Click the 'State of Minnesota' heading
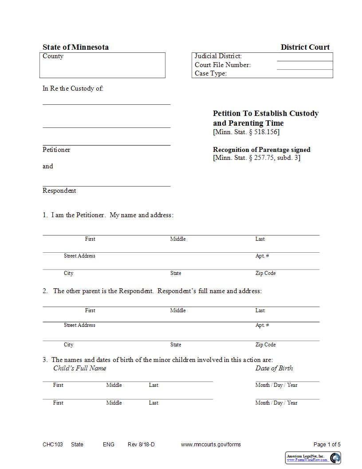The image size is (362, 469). [x=75, y=47]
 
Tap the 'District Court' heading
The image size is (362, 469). [x=305, y=47]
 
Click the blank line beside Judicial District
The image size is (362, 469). [x=304, y=57]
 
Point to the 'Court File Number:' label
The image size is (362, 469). [x=223, y=65]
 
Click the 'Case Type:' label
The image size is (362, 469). [x=211, y=73]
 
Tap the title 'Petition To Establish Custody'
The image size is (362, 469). [x=265, y=113]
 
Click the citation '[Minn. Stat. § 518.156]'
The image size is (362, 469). [x=246, y=132]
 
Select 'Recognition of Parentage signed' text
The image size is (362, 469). [x=261, y=150]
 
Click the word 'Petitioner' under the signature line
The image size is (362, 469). [x=56, y=150]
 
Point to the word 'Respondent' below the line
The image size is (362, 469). [x=59, y=191]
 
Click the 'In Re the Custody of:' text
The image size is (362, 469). [x=73, y=88]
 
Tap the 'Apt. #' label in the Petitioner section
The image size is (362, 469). [x=262, y=256]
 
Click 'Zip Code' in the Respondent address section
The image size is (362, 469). [x=265, y=345]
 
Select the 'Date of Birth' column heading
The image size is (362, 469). [x=274, y=368]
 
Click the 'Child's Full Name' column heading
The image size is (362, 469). [x=79, y=368]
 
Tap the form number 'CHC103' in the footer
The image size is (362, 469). [x=53, y=445]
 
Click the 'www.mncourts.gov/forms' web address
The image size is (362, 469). [x=211, y=445]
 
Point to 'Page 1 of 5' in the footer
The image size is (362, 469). [x=327, y=445]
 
